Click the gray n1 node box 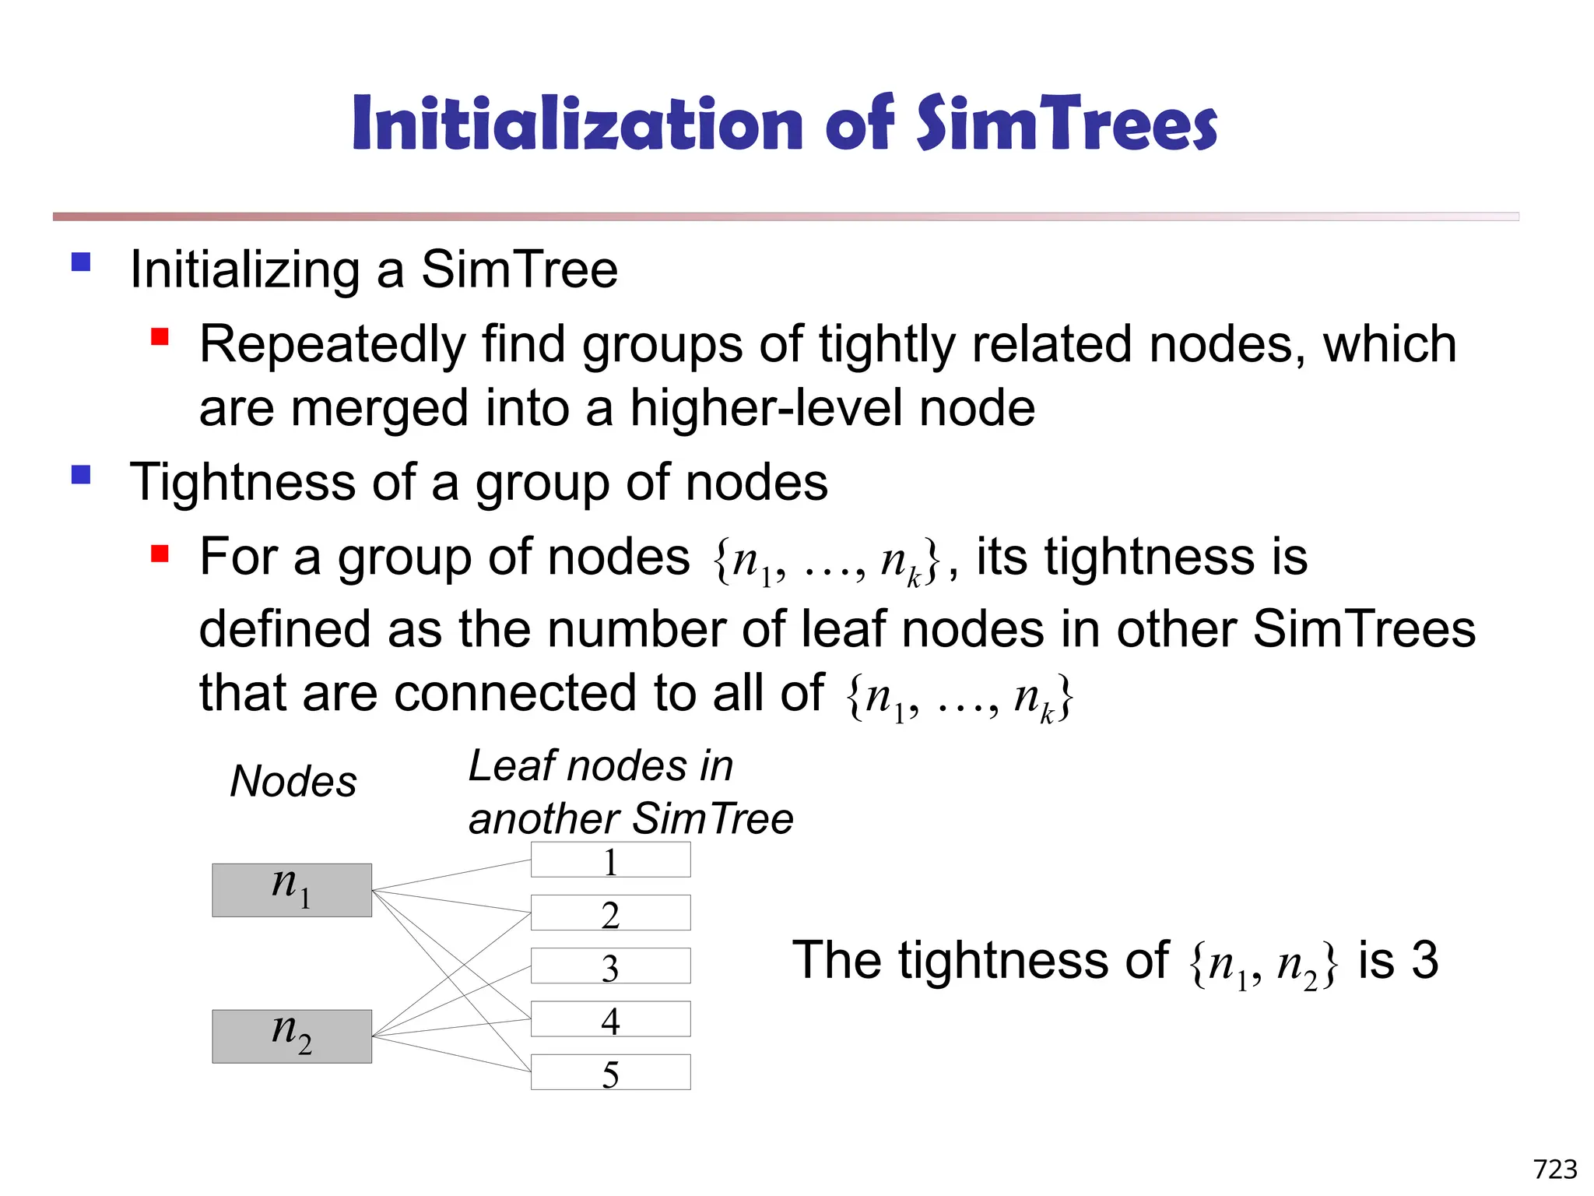(x=292, y=890)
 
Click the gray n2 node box (x=292, y=1036)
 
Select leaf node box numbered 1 (x=610, y=860)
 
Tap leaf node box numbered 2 (x=610, y=913)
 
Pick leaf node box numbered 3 (x=610, y=966)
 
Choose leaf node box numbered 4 (x=610, y=1018)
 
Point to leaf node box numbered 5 (x=610, y=1072)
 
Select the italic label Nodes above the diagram (x=293, y=781)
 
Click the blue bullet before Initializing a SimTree (x=81, y=262)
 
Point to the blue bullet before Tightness (x=81, y=475)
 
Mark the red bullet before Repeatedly (x=160, y=337)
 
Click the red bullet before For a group (x=160, y=554)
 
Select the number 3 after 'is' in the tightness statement (x=1424, y=960)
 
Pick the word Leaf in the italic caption (x=510, y=766)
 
